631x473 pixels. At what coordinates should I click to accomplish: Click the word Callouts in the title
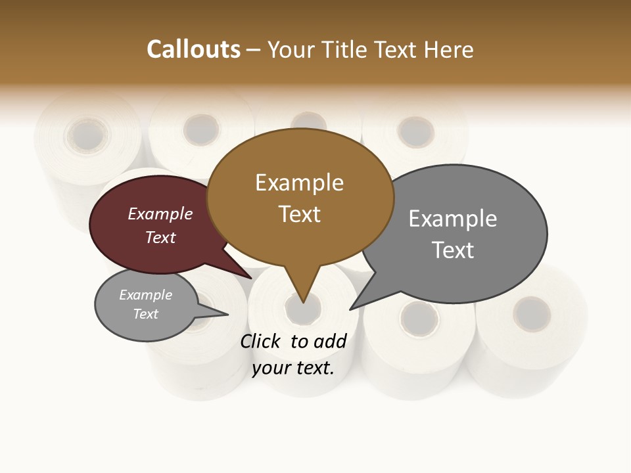click(194, 49)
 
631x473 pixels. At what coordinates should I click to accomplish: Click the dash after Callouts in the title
click(253, 50)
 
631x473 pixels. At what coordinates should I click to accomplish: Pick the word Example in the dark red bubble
click(160, 214)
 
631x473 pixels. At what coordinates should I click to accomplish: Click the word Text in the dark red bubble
click(160, 237)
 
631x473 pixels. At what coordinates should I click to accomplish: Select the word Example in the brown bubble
click(299, 183)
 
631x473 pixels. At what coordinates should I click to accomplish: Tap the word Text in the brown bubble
click(299, 214)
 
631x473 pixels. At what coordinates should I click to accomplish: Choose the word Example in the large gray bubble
click(453, 219)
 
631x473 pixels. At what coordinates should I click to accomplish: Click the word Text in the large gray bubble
click(453, 250)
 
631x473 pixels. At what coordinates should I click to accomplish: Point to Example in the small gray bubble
click(146, 295)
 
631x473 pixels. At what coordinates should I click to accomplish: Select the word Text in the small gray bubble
click(146, 314)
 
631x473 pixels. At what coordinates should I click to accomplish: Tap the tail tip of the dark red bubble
click(252, 279)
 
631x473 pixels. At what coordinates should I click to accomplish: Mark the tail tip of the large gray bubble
click(350, 309)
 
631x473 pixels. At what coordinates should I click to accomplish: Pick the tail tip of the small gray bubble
click(227, 314)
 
